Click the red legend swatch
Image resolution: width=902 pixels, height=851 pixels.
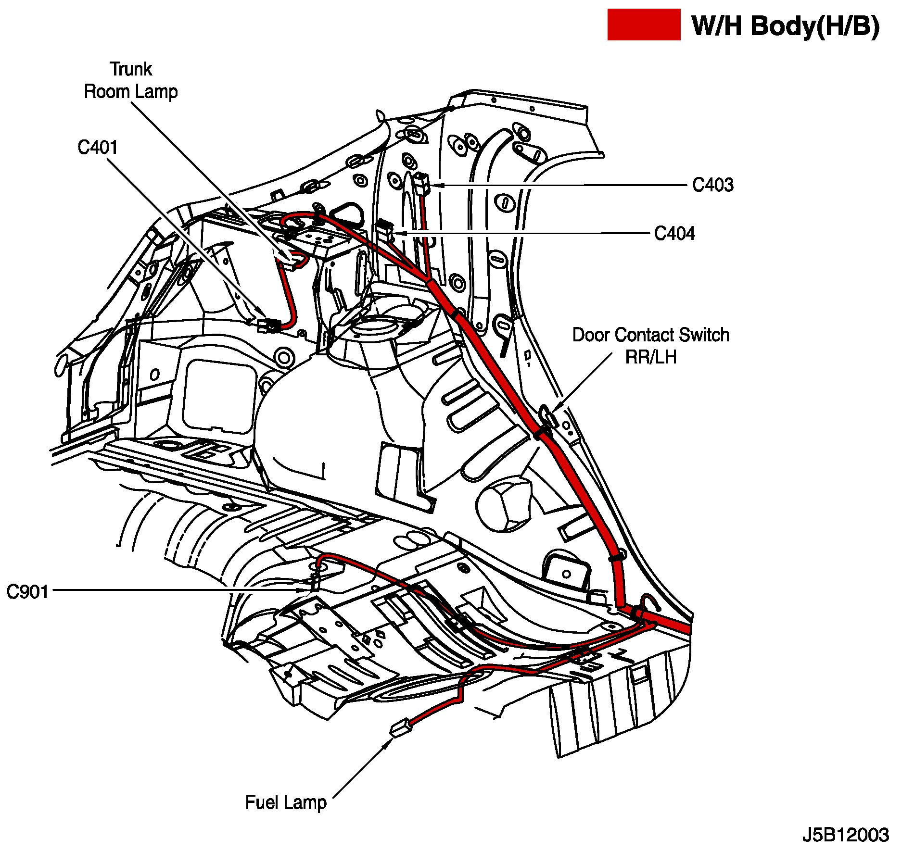tap(643, 25)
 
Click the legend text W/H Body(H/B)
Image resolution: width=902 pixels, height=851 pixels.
tap(786, 26)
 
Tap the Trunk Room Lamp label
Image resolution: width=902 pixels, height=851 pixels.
tap(131, 80)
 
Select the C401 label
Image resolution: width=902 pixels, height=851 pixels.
tap(98, 148)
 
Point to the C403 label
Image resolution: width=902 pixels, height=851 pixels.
tap(712, 185)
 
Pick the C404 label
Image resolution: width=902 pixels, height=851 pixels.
tap(674, 234)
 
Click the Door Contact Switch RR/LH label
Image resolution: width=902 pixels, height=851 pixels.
tap(650, 346)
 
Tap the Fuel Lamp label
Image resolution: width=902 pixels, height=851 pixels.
tap(286, 802)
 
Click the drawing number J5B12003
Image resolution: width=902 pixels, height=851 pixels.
tap(845, 835)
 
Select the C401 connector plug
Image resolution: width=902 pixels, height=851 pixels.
tap(269, 325)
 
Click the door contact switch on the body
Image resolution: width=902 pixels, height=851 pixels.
tap(547, 414)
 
